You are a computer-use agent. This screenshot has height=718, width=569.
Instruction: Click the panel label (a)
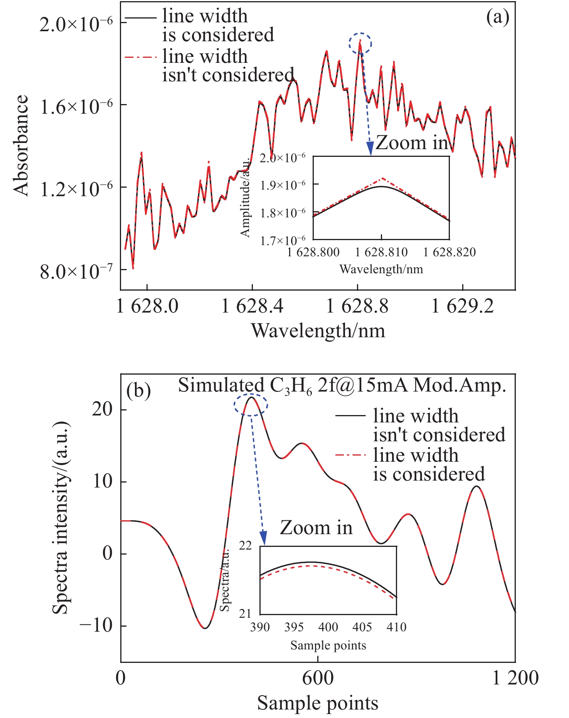point(497,17)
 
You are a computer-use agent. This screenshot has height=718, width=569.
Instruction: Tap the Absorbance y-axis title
point(21,146)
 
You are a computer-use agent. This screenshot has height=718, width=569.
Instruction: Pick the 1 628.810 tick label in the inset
point(381,253)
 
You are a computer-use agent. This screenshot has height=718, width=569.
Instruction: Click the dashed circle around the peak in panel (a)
point(360,44)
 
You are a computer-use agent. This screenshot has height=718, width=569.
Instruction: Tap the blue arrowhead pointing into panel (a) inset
point(370,148)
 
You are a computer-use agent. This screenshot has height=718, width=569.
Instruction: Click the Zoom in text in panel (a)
point(412,143)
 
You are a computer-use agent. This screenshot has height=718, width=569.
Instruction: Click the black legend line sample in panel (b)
point(350,415)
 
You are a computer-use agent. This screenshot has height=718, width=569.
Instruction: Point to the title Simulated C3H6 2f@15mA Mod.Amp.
point(342,385)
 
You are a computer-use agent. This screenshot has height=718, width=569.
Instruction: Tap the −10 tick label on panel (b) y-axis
point(96,626)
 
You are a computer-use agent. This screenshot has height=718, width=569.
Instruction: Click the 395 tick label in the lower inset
point(294,627)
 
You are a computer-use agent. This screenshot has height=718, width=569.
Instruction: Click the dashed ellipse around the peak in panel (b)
point(251,405)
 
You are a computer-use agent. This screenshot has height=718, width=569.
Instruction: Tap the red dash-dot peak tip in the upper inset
point(382,178)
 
